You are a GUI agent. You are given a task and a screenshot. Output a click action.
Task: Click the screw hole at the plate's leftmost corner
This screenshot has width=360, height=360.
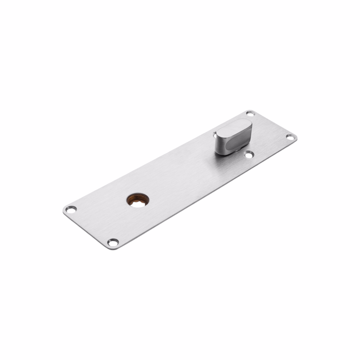[x=70, y=209]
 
